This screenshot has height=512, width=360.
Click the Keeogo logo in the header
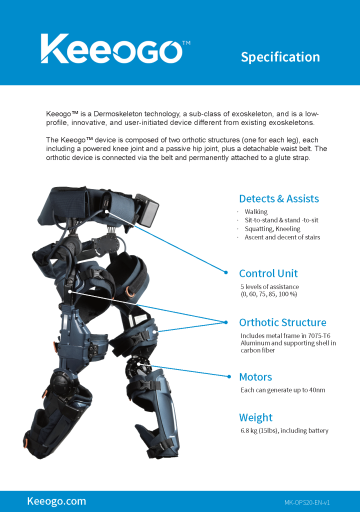pyautogui.click(x=115, y=48)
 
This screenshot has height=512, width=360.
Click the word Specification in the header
pyautogui.click(x=280, y=57)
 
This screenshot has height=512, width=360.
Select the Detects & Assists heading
pyautogui.click(x=279, y=198)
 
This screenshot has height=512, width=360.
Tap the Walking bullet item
pyautogui.click(x=256, y=211)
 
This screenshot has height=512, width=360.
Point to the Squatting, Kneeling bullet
pyautogui.click(x=272, y=228)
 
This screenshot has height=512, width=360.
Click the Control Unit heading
pyautogui.click(x=268, y=273)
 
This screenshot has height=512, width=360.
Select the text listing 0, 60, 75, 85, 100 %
pyautogui.click(x=269, y=294)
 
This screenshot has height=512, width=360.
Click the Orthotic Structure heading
pyautogui.click(x=282, y=322)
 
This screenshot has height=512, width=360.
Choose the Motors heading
pyautogui.click(x=255, y=377)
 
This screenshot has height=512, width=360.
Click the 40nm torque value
pyautogui.click(x=317, y=390)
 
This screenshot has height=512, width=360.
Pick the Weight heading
pyautogui.click(x=256, y=417)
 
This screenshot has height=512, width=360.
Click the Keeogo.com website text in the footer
pyautogui.click(x=56, y=501)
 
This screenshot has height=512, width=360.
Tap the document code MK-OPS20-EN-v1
pyautogui.click(x=307, y=502)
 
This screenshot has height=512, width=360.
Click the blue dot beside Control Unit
pyautogui.click(x=225, y=272)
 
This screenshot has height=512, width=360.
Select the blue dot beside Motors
pyautogui.click(x=229, y=376)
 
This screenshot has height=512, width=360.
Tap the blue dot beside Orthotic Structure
pyautogui.click(x=225, y=322)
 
